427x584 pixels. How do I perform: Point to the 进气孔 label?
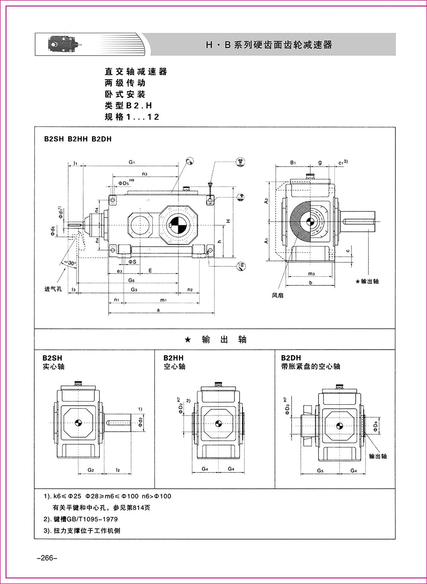tap(53, 289)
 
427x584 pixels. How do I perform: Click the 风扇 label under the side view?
tap(278, 295)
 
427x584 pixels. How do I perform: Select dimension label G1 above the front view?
tap(132, 162)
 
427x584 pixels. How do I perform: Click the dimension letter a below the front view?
tap(158, 310)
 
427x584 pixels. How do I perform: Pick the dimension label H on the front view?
tap(229, 221)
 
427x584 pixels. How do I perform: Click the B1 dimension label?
tap(293, 162)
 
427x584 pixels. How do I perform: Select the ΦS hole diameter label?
tap(132, 261)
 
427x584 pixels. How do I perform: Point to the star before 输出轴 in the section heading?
tap(187, 340)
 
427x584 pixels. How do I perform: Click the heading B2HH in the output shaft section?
tap(174, 357)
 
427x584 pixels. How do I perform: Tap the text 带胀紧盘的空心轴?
tap(310, 366)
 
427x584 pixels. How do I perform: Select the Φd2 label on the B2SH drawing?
tap(140, 423)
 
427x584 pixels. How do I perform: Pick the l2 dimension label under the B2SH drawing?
tap(118, 470)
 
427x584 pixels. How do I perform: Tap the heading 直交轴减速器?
tap(136, 72)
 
